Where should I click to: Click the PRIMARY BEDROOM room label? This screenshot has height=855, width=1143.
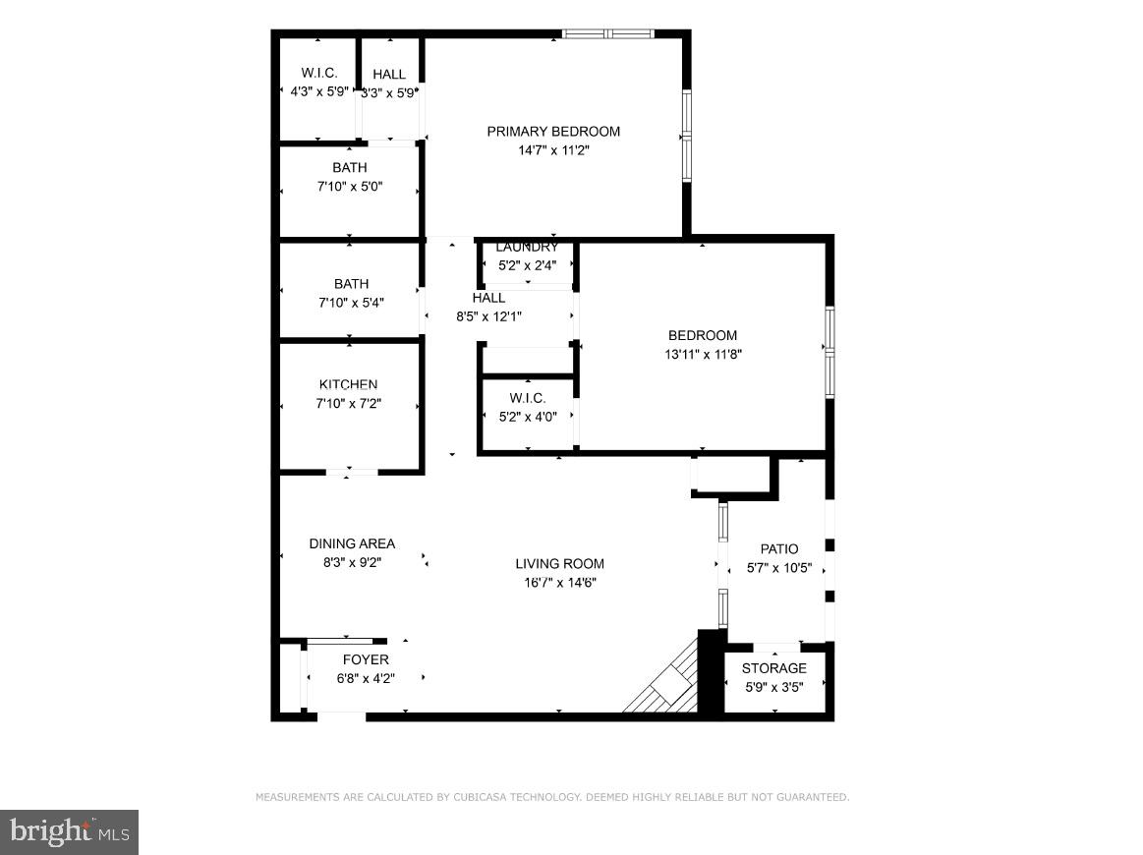(x=553, y=132)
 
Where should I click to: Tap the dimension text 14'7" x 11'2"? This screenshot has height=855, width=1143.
(x=553, y=150)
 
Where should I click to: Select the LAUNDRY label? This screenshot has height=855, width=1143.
(x=527, y=248)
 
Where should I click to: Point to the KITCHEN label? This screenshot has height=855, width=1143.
(x=348, y=384)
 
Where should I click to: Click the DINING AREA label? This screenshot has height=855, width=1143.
(x=352, y=543)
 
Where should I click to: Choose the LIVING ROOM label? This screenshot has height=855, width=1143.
(x=559, y=563)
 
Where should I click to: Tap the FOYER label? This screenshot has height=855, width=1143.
(x=365, y=659)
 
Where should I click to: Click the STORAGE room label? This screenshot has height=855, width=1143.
(x=773, y=668)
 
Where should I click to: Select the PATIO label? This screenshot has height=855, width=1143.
(x=779, y=548)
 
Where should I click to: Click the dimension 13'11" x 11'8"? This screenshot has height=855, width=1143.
(x=703, y=354)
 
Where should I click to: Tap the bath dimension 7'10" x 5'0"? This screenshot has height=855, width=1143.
(x=349, y=186)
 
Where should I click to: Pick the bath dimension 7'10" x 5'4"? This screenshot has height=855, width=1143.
(x=350, y=303)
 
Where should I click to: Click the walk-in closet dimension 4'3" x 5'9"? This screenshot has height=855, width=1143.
(x=319, y=91)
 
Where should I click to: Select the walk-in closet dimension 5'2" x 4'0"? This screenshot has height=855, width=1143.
(x=528, y=416)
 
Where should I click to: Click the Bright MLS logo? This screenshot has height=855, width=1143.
(x=69, y=831)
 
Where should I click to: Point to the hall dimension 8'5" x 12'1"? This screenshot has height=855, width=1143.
(x=488, y=316)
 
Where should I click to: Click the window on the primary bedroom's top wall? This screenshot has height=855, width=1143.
(x=607, y=33)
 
